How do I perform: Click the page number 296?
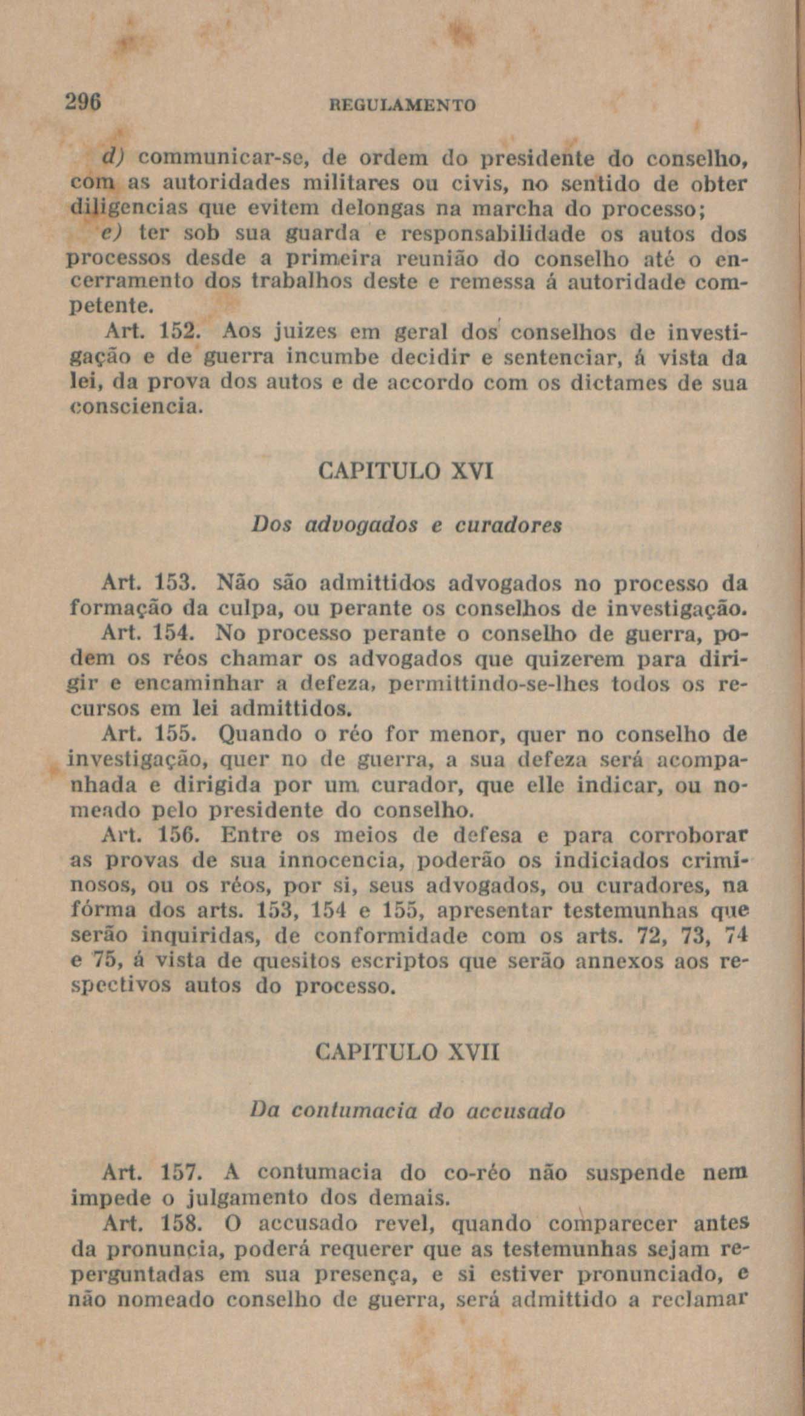(84, 101)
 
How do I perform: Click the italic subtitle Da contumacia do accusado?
(407, 1111)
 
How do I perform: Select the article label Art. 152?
(149, 332)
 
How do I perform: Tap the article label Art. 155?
(149, 735)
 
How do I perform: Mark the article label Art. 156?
(149, 836)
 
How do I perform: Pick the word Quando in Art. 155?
(255, 735)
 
